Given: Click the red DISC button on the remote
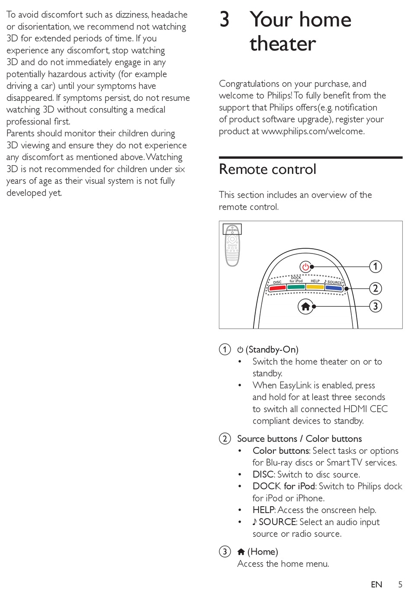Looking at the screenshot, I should pyautogui.click(x=277, y=288).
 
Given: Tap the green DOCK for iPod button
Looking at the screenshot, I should pyautogui.click(x=296, y=287).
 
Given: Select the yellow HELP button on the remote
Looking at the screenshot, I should pyautogui.click(x=315, y=287).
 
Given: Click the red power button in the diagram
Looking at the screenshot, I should pyautogui.click(x=305, y=266).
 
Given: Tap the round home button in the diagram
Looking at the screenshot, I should pyautogui.click(x=305, y=306).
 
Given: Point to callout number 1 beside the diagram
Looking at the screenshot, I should pyautogui.click(x=375, y=266).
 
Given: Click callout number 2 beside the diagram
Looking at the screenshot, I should pyautogui.click(x=375, y=288).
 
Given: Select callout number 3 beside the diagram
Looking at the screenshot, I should pyautogui.click(x=375, y=306).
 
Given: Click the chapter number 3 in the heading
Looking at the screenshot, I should pyautogui.click(x=224, y=19).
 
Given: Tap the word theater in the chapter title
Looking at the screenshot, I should pyautogui.click(x=283, y=44).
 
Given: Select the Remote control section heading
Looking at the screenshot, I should pyautogui.click(x=267, y=169).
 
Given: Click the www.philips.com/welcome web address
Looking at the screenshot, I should pyautogui.click(x=312, y=131).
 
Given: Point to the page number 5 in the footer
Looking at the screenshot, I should pyautogui.click(x=400, y=584).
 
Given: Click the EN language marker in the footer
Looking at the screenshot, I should pyautogui.click(x=376, y=584).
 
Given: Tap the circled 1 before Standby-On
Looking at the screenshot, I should pyautogui.click(x=225, y=349).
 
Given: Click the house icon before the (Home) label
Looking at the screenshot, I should pyautogui.click(x=241, y=552).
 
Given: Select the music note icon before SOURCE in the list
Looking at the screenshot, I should pyautogui.click(x=255, y=522).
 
